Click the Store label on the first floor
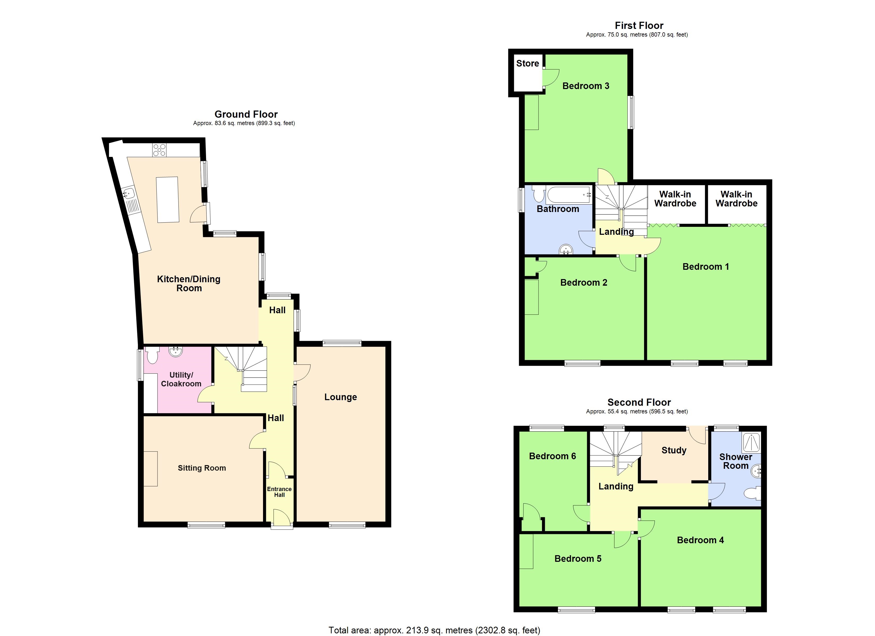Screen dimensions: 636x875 [527, 63]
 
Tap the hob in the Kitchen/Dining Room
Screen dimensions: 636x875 [159, 150]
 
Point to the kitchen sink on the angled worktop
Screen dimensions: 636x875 [128, 193]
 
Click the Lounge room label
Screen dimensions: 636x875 [340, 397]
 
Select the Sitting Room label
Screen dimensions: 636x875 [202, 468]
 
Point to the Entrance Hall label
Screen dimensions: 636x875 [279, 492]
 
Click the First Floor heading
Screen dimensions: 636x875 [639, 25]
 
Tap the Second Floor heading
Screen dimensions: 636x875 [639, 402]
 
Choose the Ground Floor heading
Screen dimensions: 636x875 [246, 114]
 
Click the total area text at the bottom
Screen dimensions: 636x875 [434, 630]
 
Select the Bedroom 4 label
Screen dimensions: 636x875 [700, 540]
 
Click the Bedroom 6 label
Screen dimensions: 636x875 [553, 456]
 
